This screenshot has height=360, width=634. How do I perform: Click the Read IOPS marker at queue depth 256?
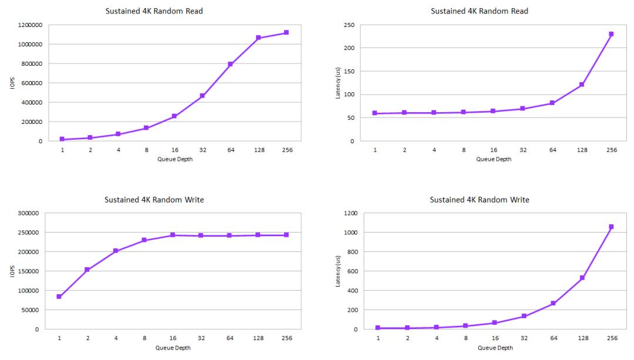[x=286, y=32]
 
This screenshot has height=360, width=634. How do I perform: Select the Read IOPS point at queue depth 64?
[x=230, y=64]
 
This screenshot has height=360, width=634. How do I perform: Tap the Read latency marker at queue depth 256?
[x=611, y=34]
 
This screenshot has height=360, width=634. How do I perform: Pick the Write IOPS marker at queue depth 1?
[x=59, y=297]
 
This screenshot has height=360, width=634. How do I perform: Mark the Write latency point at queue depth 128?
[x=582, y=278]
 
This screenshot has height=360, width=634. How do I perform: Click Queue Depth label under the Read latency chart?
[x=494, y=159]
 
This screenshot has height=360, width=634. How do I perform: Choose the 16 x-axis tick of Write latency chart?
[x=495, y=338]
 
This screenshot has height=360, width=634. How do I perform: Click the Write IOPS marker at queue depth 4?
[x=116, y=251]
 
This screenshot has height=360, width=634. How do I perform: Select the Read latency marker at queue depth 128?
[x=582, y=85]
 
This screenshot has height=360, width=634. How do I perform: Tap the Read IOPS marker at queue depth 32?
[x=202, y=96]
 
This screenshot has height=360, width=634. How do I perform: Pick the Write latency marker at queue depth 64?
[x=553, y=303]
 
